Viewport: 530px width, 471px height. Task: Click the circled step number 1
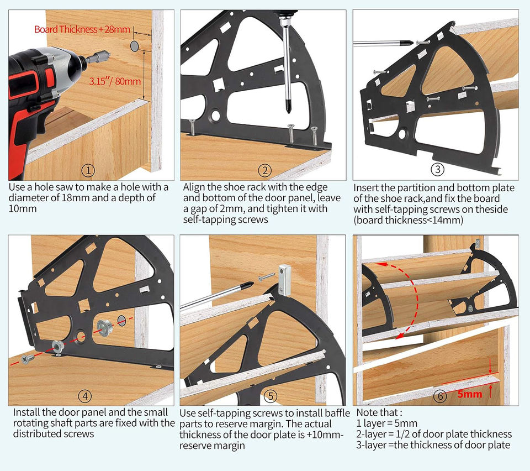click(88, 170)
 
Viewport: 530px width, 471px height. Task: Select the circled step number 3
click(437, 169)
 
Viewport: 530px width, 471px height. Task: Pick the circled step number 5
click(270, 396)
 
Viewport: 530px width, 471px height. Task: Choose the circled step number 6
click(440, 396)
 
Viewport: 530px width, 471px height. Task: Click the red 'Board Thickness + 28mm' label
click(81, 29)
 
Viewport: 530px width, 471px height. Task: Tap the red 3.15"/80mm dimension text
click(115, 81)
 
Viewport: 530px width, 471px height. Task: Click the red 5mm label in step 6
click(470, 394)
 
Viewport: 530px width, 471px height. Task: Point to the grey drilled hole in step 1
click(136, 45)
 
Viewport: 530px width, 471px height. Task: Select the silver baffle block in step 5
click(284, 279)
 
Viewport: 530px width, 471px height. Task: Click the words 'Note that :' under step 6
click(379, 412)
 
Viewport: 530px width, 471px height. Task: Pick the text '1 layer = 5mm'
click(386, 423)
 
